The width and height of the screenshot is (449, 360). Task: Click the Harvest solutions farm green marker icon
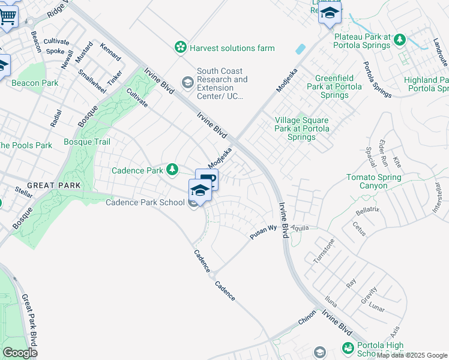pos(179,47)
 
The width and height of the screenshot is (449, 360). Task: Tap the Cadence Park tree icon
pos(172,170)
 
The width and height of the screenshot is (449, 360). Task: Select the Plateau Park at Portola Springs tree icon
pos(399,40)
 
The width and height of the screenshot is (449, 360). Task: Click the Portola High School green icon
pos(348,348)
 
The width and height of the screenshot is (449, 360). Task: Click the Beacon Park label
pos(35,83)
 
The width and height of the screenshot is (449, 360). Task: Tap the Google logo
pos(20,353)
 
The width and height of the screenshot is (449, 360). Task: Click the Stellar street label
pos(24,193)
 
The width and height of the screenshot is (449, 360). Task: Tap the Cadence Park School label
pos(145,202)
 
